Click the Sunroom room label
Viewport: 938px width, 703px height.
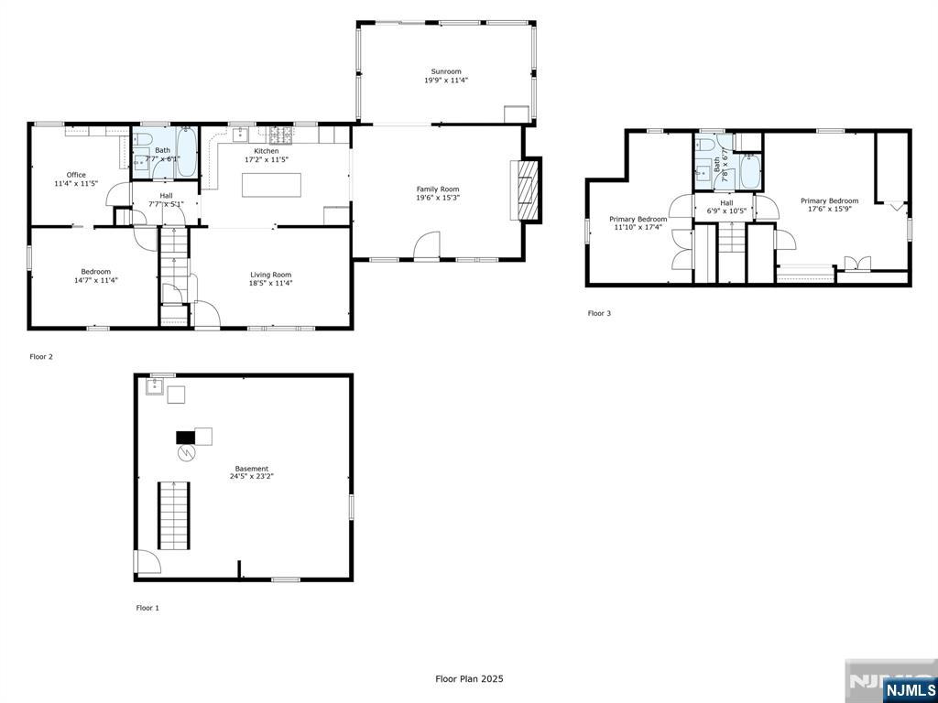(446, 76)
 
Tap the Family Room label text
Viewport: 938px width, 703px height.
(437, 193)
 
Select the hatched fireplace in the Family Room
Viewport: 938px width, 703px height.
(526, 190)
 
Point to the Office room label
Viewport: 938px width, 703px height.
(76, 178)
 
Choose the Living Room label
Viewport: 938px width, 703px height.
(270, 278)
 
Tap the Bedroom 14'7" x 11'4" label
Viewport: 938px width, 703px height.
(95, 276)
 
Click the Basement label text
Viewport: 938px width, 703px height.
(251, 472)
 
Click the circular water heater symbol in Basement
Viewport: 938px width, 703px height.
(186, 453)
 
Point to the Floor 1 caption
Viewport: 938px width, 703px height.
(147, 608)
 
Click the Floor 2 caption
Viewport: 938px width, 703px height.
(41, 357)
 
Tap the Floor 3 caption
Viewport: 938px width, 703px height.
(599, 313)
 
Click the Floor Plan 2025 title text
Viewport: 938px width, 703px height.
(469, 679)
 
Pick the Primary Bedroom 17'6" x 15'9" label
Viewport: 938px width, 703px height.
(829, 205)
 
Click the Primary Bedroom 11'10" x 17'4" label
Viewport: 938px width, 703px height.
(638, 223)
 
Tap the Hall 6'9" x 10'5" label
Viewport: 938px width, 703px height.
(726, 207)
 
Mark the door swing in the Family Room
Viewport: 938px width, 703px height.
(427, 245)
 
